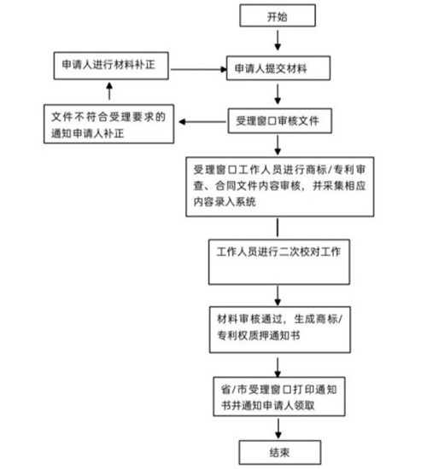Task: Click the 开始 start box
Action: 278,15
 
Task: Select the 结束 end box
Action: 280,452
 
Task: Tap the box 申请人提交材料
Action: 278,68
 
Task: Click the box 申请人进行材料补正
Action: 111,66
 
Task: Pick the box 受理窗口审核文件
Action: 280,121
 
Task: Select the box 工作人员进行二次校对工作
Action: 279,262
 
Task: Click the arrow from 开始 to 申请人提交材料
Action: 278,40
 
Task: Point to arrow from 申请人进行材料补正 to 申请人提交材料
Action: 199,69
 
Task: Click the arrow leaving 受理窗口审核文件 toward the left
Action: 202,122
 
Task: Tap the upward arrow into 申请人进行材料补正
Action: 109,91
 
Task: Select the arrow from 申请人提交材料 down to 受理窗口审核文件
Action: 278,94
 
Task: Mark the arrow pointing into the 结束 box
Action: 278,428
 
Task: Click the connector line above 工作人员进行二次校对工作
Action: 278,228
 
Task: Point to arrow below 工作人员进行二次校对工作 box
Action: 278,296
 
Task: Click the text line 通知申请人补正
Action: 87,133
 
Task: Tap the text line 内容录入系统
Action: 225,201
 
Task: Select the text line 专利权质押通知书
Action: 259,335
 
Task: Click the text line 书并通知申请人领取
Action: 268,405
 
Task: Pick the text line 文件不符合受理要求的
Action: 108,117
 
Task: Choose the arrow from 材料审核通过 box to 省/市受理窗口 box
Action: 278,368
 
